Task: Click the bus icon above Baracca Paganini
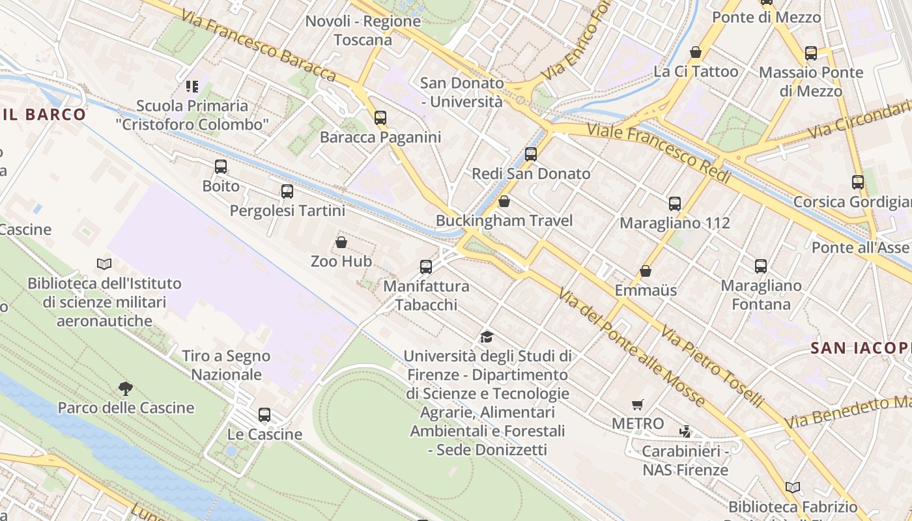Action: click(x=380, y=118)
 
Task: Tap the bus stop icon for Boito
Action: click(x=221, y=167)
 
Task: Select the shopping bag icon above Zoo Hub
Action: click(x=341, y=243)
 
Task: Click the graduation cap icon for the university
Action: click(x=487, y=337)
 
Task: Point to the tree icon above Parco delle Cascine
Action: click(x=126, y=389)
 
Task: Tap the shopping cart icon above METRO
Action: click(x=638, y=404)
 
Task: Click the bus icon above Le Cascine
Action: click(x=264, y=415)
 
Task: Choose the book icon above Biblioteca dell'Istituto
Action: click(x=104, y=264)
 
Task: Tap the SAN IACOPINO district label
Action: click(x=861, y=348)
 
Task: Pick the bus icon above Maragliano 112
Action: click(x=675, y=204)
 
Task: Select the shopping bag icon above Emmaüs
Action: click(x=646, y=271)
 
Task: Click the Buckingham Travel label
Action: click(x=504, y=221)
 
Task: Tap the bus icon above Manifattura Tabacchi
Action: click(x=426, y=267)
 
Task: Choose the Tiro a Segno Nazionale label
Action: click(x=226, y=365)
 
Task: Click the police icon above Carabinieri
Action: click(x=685, y=431)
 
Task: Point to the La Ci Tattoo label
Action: click(x=696, y=72)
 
